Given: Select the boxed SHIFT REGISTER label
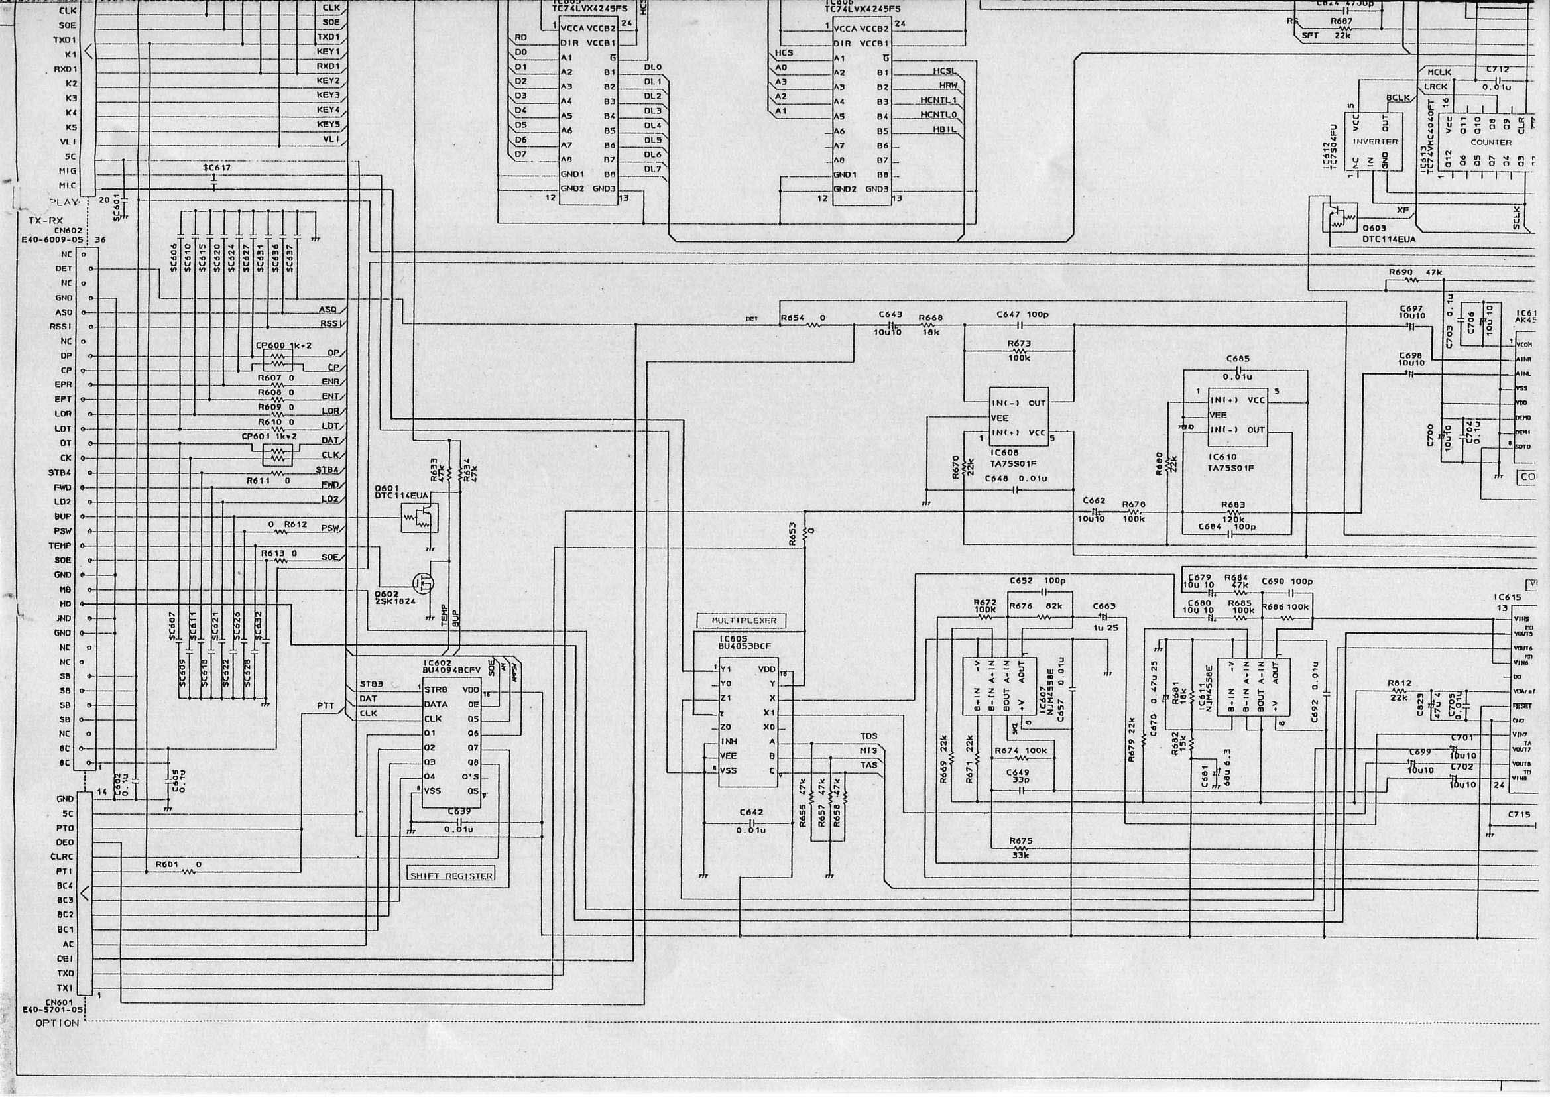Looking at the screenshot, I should [451, 876].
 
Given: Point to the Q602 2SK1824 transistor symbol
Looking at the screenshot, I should [423, 581].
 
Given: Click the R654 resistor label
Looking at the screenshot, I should [792, 318].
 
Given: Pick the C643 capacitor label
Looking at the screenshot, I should [890, 314].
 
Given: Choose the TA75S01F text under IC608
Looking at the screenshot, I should [1014, 463].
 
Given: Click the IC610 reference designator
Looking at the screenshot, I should [1222, 457].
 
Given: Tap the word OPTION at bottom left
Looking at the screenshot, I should [57, 1023].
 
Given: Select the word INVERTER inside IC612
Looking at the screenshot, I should [1375, 142].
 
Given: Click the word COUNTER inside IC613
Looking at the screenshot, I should [1490, 143].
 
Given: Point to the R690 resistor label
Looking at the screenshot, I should [1401, 272].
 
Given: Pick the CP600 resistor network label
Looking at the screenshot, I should [268, 345].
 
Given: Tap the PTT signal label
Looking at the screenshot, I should [326, 706].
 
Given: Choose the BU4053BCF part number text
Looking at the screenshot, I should [744, 646].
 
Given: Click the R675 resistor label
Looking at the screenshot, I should [1021, 841].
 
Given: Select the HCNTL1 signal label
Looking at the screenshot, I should [939, 101].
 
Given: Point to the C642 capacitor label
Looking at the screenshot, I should [750, 813].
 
